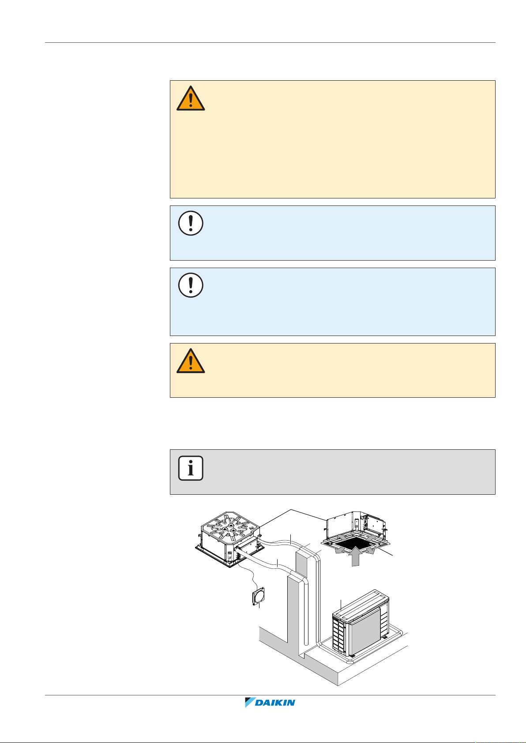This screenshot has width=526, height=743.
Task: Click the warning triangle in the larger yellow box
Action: coord(191,98)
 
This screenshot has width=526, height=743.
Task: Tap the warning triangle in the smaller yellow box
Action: coord(191,361)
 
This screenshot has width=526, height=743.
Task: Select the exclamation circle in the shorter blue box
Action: coord(191,223)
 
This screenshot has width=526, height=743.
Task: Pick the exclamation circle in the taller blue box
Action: coord(191,285)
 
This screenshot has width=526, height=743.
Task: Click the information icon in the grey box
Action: coord(191,468)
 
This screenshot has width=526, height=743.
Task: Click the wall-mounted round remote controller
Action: coord(258,597)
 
